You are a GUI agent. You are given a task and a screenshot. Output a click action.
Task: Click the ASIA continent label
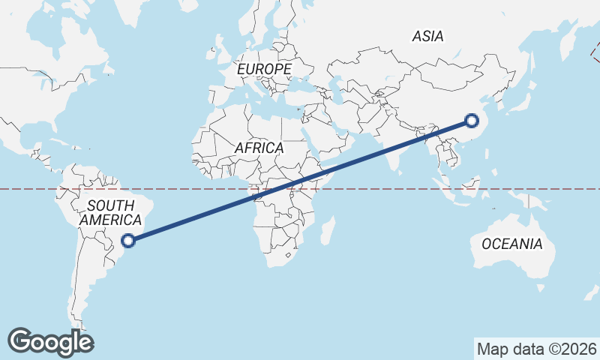(428, 36)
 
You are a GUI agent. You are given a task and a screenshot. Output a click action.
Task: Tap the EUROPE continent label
(264, 69)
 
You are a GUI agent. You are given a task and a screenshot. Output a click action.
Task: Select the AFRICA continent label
(259, 148)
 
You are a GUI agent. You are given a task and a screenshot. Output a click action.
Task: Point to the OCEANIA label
(511, 244)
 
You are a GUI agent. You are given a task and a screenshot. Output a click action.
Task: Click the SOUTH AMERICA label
(110, 212)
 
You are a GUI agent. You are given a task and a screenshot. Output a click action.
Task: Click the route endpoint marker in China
(472, 120)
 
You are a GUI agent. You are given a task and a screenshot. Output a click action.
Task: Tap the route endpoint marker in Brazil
(129, 240)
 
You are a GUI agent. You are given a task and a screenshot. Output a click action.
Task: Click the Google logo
(51, 342)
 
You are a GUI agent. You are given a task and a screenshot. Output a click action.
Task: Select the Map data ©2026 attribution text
(537, 349)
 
